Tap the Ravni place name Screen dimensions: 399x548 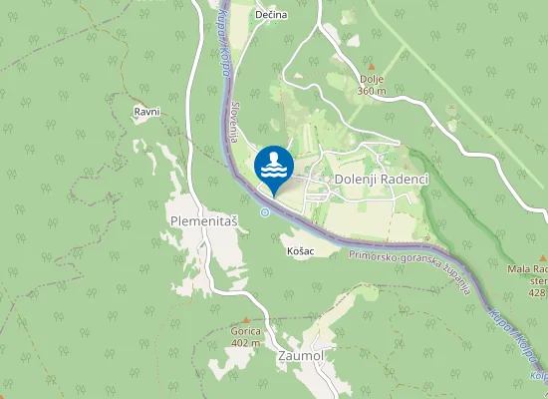pyautogui.click(x=147, y=113)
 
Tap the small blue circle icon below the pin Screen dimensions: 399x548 pyautogui.click(x=265, y=211)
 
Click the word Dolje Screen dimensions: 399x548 pyautogui.click(x=371, y=79)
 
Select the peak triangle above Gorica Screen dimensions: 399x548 pyautogui.click(x=245, y=319)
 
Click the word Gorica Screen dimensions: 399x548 pyautogui.click(x=245, y=331)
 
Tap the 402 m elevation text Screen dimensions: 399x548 pyautogui.click(x=245, y=343)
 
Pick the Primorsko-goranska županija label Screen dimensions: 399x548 pyautogui.click(x=410, y=271)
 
